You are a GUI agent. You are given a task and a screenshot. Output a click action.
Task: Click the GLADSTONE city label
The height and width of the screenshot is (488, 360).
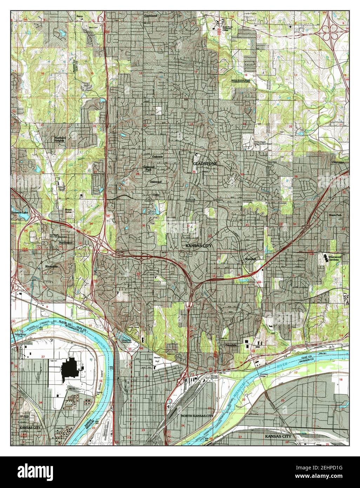coord(205,164)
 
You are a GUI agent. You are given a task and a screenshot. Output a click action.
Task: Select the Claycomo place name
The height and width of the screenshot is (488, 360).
coord(339,162)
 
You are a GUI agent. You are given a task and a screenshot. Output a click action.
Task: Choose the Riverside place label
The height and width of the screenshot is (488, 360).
coord(51,266)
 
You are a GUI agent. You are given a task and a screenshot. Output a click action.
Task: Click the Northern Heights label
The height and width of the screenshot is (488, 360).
coord(60,139)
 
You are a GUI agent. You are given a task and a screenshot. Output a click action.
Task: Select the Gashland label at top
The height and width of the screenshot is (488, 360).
coord(151,16)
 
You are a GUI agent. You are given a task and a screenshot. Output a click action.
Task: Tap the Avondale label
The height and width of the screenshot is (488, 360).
coord(231,345)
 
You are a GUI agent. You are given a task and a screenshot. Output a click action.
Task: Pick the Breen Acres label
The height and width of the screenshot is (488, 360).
coord(69,211)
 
